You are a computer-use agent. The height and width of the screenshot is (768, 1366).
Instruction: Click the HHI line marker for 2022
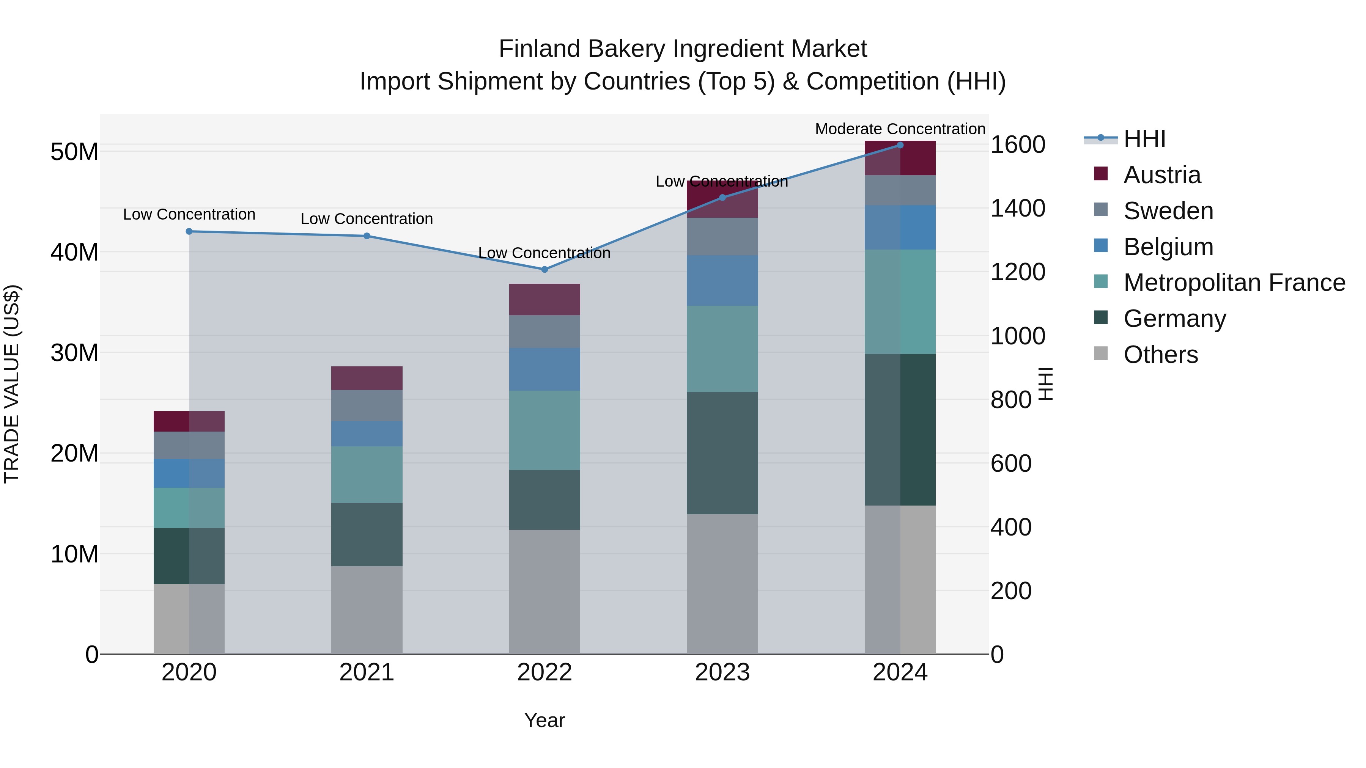tap(544, 269)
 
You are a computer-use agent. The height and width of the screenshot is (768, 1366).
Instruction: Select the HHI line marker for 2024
tap(900, 145)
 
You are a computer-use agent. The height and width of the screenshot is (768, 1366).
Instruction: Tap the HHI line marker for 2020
tap(189, 231)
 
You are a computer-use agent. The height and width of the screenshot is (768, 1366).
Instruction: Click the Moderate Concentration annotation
tap(900, 129)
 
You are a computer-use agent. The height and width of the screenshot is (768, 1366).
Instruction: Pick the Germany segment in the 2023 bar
tap(722, 453)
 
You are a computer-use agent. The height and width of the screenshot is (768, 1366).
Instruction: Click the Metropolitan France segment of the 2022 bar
tap(544, 430)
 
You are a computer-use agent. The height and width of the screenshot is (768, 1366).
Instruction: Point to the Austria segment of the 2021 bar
tap(367, 378)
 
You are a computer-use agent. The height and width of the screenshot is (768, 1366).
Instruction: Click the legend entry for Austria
tap(1161, 175)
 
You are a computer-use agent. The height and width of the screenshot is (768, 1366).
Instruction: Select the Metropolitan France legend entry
tap(1234, 283)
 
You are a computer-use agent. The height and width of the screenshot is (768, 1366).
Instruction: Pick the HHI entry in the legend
tap(1144, 139)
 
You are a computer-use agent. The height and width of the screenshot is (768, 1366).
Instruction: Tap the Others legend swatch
tap(1101, 353)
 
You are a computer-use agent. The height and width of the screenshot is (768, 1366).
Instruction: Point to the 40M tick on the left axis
tap(74, 252)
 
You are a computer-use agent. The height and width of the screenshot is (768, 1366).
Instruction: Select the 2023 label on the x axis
tap(722, 672)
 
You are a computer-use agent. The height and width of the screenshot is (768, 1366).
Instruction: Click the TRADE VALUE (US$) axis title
tap(12, 384)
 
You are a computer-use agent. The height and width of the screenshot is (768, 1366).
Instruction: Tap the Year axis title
tap(544, 720)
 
